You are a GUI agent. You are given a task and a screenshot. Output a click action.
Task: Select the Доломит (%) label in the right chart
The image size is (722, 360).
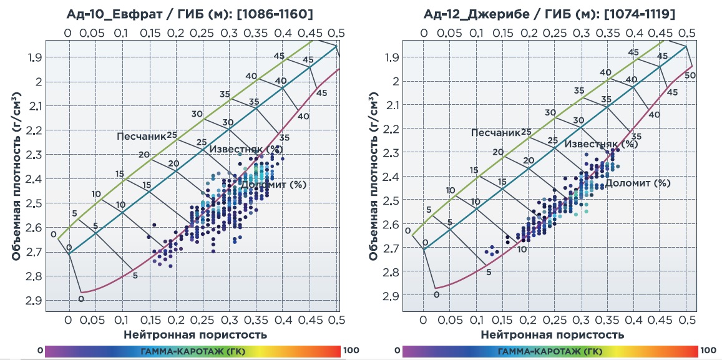pos(638,183)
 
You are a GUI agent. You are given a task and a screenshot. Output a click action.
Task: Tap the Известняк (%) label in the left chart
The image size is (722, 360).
pos(246,149)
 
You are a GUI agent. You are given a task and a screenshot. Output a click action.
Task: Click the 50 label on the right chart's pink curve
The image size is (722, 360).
pos(690,75)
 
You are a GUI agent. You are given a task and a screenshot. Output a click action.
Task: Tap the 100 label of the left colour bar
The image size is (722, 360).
pos(351,351)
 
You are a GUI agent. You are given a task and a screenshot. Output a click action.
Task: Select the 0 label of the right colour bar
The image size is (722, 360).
pos(398,351)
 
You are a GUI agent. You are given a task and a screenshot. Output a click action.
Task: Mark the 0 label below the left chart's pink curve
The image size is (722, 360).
pos(80,299)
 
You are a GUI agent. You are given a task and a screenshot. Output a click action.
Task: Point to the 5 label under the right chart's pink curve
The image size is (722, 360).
pos(489,272)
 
